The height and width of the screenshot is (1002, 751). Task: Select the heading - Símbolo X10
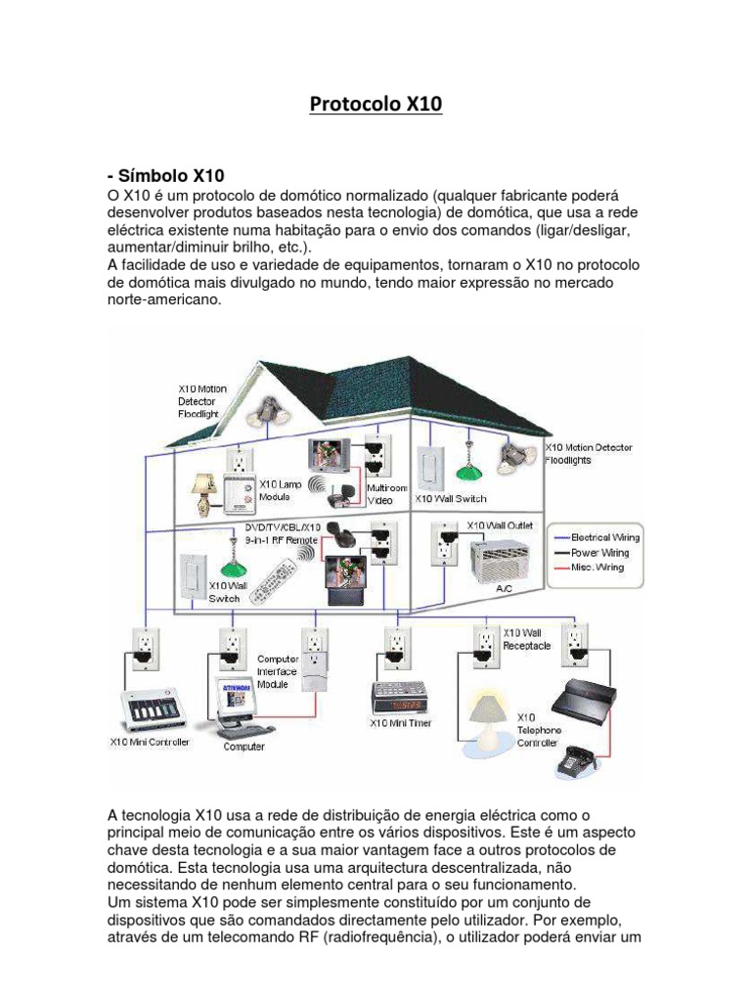165,176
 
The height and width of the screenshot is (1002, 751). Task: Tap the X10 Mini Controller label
149,742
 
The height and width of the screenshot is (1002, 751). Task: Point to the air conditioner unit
505,562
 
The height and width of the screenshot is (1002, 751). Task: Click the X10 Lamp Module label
281,490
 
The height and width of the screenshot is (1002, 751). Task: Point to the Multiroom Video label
379,493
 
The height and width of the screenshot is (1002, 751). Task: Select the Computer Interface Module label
279,672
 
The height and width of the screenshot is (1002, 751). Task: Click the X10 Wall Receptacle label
526,639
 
